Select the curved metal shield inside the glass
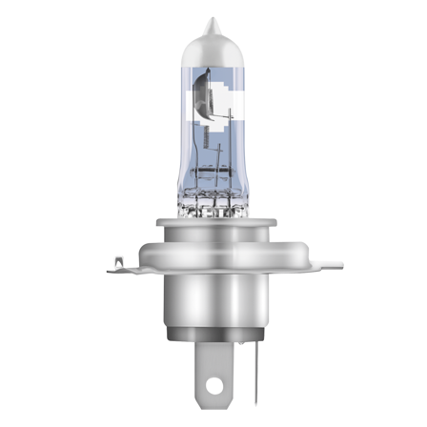tap(204, 101)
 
